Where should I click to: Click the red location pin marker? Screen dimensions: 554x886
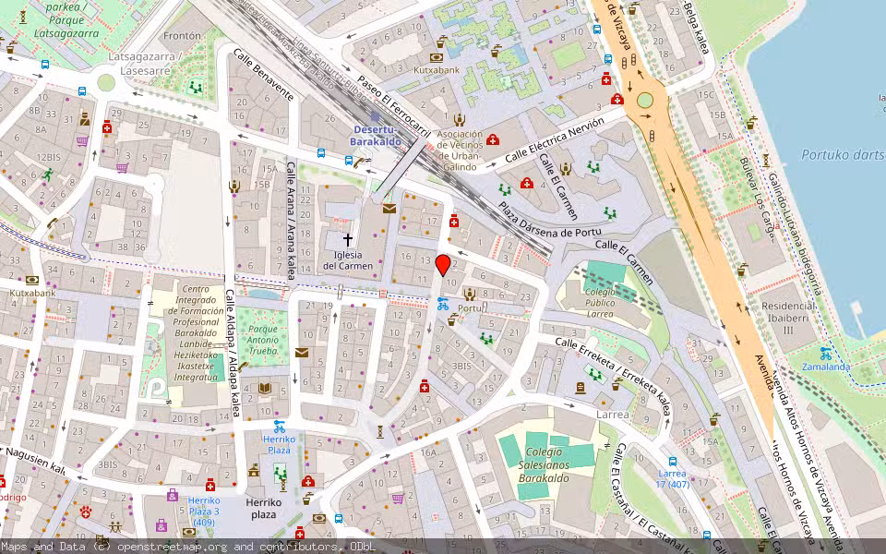click(443, 265)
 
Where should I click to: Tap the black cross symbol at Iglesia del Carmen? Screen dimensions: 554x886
click(348, 239)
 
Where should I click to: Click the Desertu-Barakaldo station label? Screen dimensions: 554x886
click(387, 136)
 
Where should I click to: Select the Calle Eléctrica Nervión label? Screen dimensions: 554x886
click(554, 138)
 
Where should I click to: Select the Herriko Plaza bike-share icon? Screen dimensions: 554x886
click(279, 427)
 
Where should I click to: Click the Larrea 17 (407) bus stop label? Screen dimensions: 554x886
click(673, 477)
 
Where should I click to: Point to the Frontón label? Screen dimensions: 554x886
click(181, 36)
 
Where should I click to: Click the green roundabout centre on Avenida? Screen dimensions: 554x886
click(644, 100)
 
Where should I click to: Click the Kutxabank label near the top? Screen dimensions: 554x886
click(437, 69)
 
